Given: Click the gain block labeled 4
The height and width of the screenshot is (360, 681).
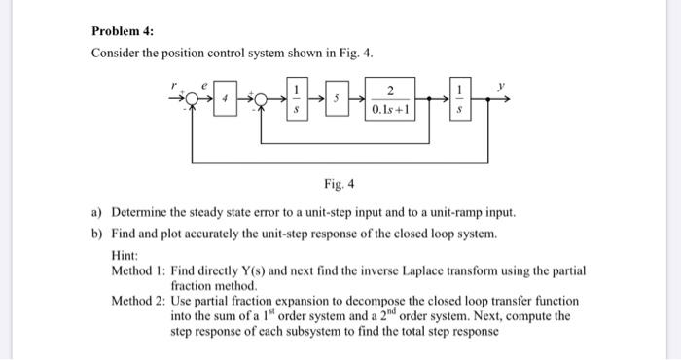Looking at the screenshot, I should click(x=225, y=100).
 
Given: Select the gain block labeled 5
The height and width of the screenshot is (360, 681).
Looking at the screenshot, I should click(x=336, y=100).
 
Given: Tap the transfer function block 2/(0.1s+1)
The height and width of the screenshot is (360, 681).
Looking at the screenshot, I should click(x=390, y=99).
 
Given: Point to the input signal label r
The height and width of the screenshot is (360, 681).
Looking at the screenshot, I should click(x=175, y=86).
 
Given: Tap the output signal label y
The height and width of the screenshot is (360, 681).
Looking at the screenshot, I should click(x=503, y=86).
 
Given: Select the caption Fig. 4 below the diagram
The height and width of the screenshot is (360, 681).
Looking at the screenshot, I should click(x=339, y=183).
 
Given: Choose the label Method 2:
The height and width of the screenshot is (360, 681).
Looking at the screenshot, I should click(x=138, y=302).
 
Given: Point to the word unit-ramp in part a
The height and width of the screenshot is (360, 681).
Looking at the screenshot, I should click(x=458, y=211).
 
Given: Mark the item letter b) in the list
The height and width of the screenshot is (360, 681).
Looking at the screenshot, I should click(x=96, y=234).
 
